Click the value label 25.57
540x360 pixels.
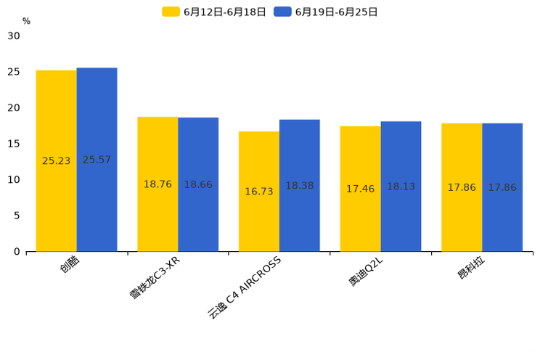[97, 160]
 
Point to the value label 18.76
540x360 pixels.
[157, 184]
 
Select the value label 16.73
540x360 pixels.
[259, 192]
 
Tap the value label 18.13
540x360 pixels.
[401, 187]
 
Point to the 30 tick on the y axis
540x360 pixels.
[14, 36]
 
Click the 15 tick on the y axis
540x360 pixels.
[14, 144]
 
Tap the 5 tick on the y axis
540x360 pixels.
[17, 216]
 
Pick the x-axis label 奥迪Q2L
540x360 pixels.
[366, 272]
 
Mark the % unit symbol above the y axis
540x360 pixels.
[26, 21]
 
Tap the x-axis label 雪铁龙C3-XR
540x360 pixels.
[155, 278]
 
